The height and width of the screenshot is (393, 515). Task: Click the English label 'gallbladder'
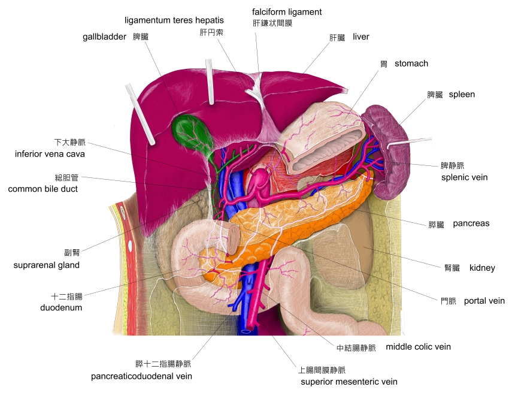coord(104,37)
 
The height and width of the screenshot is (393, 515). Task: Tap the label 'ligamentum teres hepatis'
coord(174,20)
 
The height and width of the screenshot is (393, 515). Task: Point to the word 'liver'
coord(360,37)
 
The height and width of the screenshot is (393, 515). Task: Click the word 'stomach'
coord(411,64)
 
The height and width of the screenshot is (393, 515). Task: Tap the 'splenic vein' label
coord(464,177)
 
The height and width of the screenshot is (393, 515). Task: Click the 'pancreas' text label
coord(471,223)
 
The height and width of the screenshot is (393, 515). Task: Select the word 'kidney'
coord(482,268)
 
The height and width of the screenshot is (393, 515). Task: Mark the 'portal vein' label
coord(484,301)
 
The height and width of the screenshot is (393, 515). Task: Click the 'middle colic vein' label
coord(418,347)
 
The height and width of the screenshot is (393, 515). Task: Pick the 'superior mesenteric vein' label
coord(349,382)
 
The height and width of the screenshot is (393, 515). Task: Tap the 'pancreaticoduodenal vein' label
coord(141,376)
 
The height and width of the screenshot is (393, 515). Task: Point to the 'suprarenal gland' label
coord(47,265)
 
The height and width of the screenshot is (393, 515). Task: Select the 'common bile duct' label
coord(43,189)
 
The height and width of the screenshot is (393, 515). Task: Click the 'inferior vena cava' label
coord(50,154)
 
